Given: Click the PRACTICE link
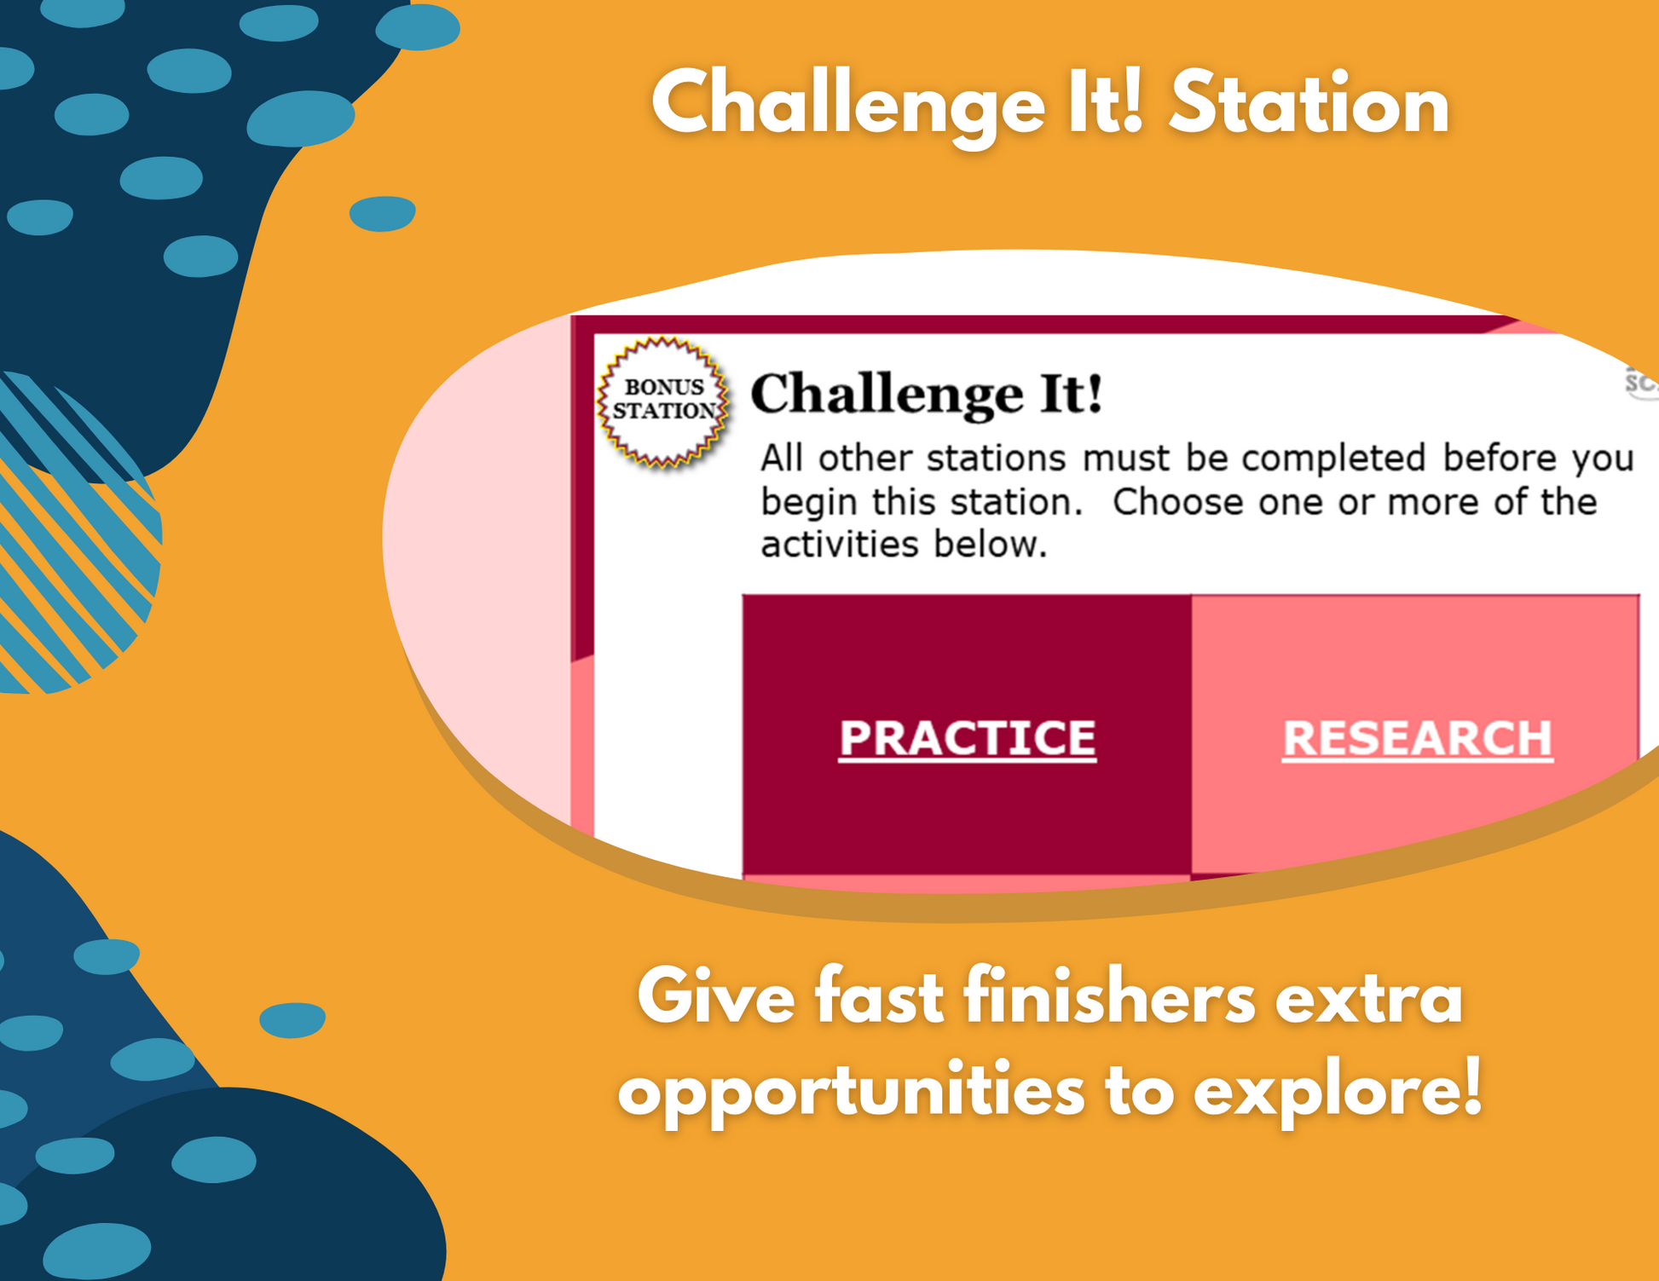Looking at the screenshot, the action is (967, 738).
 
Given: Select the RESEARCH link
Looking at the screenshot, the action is (1417, 738).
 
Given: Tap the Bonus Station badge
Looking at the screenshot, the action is (664, 401).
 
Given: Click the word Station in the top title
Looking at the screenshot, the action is (1309, 105).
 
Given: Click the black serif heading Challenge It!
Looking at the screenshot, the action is (927, 395).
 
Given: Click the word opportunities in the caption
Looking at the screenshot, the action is (851, 1094).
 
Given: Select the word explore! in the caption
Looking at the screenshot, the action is (1338, 1091).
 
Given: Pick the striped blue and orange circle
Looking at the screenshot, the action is (68, 532).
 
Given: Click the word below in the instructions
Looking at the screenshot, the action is (991, 544).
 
